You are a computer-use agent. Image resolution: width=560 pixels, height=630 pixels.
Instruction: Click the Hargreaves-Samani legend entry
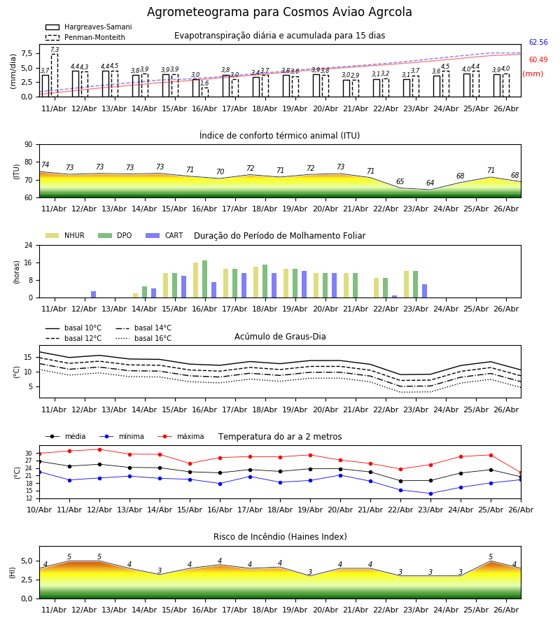coord(88,27)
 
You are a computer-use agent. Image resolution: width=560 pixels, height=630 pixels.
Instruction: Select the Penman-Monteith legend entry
coord(85,37)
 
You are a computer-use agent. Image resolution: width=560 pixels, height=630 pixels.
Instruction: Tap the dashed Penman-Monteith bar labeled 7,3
coord(55,75)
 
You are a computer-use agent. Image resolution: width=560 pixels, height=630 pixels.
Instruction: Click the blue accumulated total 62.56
coord(538,42)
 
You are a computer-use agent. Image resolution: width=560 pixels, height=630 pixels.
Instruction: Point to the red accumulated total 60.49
coord(538,60)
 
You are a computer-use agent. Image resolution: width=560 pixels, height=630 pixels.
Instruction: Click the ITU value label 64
coord(430,183)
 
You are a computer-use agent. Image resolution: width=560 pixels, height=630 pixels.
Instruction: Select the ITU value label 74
coord(45,164)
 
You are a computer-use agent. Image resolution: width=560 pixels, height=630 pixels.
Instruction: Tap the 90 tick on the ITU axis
coord(29,145)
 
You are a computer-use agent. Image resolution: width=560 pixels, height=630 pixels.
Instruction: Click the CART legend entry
coord(164,235)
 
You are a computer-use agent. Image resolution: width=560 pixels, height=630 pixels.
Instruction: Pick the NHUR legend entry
coord(65,235)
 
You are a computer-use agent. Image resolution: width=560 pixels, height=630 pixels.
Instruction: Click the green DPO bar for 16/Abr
coord(205,279)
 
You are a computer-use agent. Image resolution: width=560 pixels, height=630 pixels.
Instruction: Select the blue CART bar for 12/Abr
coord(94,295)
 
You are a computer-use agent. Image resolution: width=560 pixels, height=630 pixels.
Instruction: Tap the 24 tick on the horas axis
coord(29,245)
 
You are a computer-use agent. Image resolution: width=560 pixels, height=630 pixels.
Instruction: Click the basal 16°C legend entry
coord(143,338)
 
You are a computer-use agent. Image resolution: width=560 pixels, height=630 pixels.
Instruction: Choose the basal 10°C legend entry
coord(73,328)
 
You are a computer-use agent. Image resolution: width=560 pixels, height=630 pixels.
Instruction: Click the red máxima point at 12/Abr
coord(99,449)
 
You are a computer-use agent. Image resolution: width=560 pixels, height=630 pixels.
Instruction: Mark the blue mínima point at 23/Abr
coord(430,493)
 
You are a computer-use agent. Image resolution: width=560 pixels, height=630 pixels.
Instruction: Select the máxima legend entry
coord(181,436)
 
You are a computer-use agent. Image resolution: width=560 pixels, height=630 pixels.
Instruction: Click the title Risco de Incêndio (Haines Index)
coord(280,537)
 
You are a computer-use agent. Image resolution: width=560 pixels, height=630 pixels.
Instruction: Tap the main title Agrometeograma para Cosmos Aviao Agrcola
coord(279,12)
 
